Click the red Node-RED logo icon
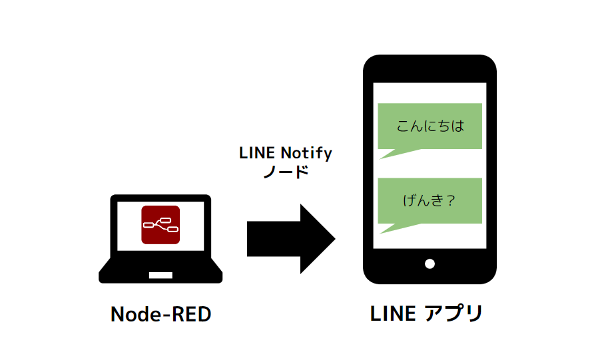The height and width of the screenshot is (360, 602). click(x=160, y=225)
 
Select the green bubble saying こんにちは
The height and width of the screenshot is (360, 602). click(x=430, y=126)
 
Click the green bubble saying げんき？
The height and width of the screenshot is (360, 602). click(x=430, y=200)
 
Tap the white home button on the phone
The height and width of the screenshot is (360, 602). click(x=430, y=264)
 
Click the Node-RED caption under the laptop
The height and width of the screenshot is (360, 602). click(x=160, y=315)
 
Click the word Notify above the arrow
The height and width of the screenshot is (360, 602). click(x=305, y=153)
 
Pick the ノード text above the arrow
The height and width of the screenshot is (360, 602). click(x=286, y=172)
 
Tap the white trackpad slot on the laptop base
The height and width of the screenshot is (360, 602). click(x=160, y=275)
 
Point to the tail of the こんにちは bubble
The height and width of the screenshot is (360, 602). click(x=393, y=154)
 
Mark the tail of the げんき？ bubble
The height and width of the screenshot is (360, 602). click(x=393, y=228)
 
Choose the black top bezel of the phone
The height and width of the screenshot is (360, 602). click(x=430, y=69)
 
